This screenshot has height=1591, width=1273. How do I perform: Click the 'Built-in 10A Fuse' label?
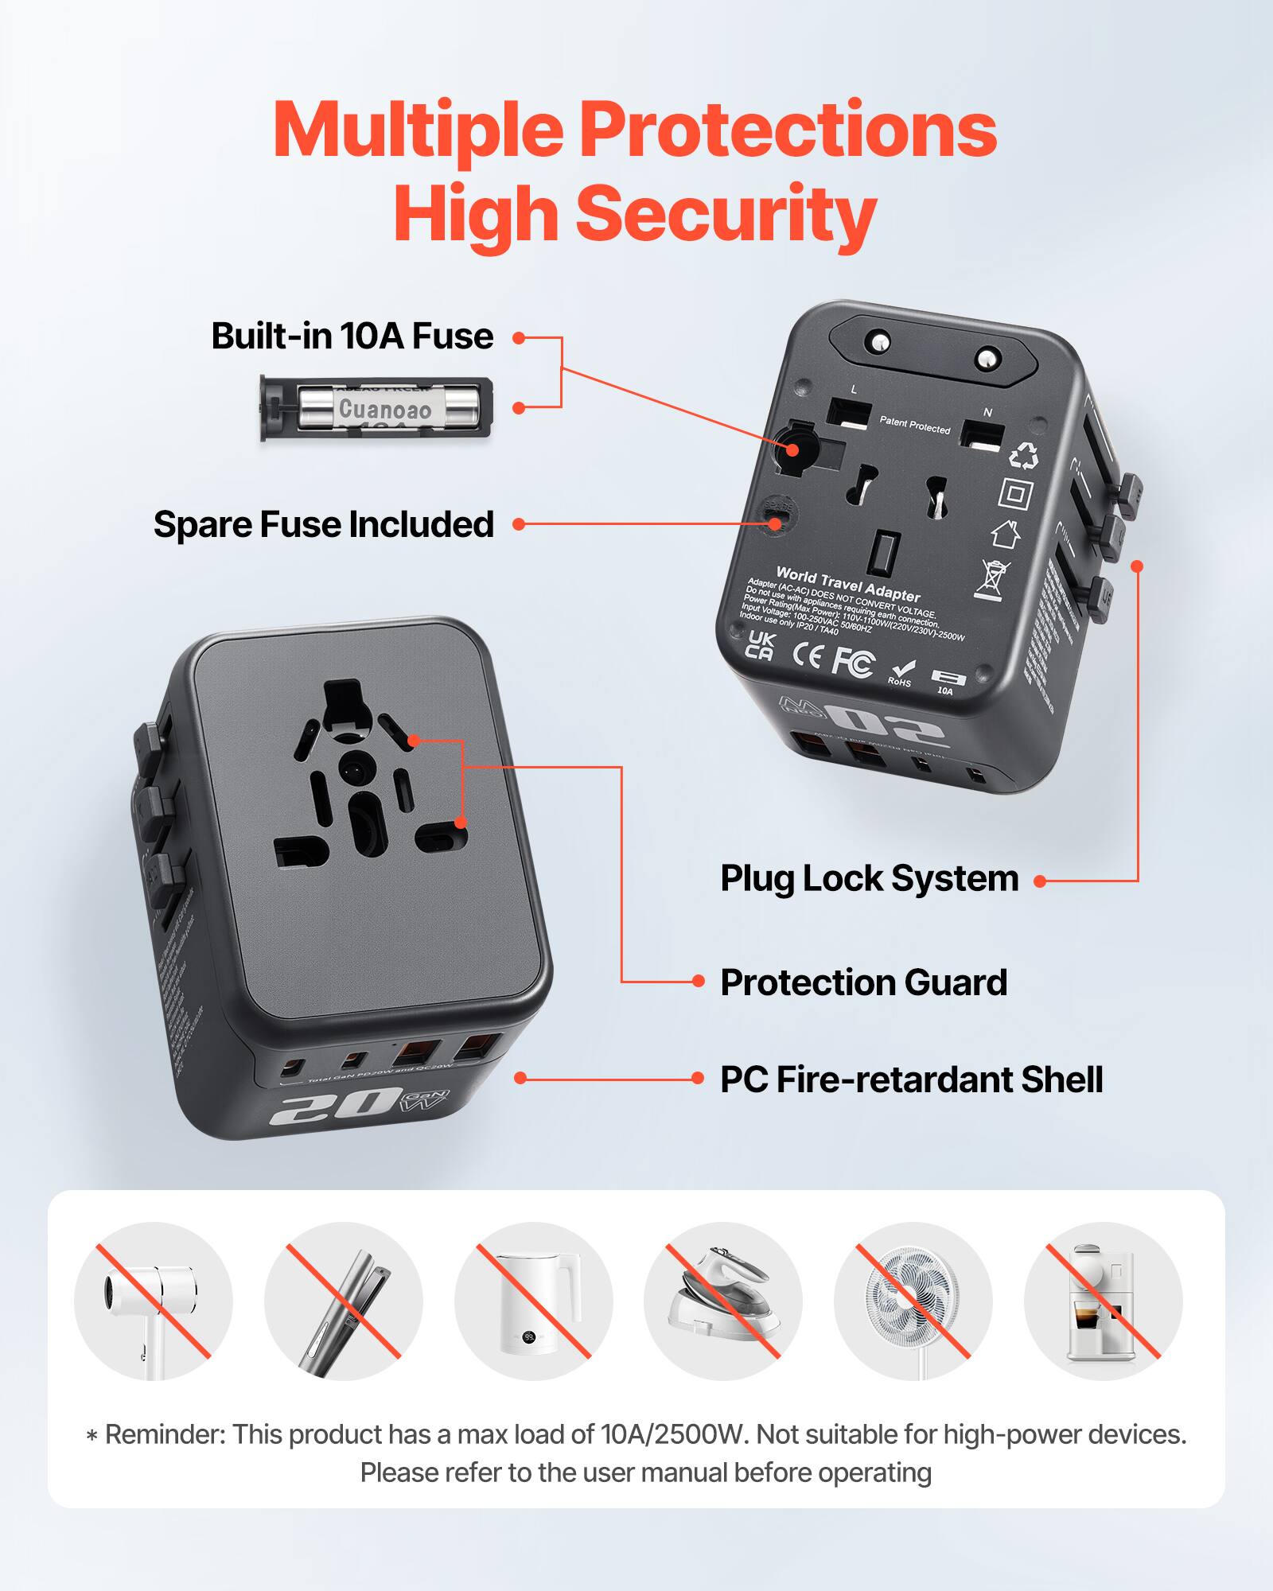352,336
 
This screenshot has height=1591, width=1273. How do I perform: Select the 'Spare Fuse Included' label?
323,525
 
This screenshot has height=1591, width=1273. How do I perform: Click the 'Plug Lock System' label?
869,879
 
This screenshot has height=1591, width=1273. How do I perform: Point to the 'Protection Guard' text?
863,982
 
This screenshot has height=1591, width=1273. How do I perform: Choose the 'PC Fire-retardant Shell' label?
911,1079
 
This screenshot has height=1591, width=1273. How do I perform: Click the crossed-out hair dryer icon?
153,1301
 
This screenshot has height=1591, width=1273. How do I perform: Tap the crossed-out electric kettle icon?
533,1301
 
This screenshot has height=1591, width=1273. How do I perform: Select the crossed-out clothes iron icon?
722,1301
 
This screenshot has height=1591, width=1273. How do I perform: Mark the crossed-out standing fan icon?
913,1301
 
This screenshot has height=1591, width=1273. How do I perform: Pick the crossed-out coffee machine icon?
1103,1301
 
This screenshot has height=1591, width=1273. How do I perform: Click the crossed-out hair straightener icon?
343,1301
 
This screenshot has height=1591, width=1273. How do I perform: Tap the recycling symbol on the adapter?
1023,456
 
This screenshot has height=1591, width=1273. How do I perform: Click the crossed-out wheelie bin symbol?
991,579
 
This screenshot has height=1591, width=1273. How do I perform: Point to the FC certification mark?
853,662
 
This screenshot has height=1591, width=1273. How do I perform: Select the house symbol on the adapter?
1006,533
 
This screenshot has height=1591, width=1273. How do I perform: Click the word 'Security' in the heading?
725,213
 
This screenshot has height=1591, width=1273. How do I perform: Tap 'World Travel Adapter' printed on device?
847,584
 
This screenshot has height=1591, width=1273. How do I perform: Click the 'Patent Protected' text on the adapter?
914,425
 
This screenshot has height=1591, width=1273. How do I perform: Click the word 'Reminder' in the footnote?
165,1434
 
